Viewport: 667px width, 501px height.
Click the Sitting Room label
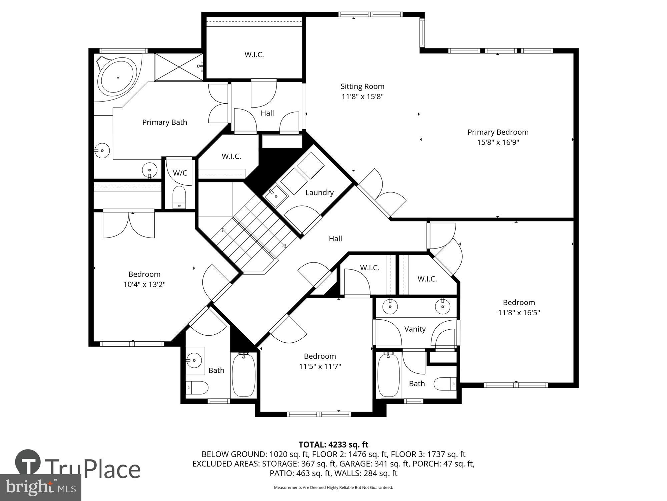tap(362, 87)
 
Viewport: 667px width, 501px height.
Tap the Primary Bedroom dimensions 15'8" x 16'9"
tap(498, 143)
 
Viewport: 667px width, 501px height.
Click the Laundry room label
tap(319, 192)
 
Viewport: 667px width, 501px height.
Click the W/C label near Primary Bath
tap(180, 173)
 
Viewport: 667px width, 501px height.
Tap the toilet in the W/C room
tap(179, 198)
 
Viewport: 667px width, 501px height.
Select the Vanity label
tap(415, 329)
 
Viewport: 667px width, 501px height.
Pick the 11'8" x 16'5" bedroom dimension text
tap(519, 313)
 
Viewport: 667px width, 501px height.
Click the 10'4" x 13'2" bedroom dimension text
tap(144, 285)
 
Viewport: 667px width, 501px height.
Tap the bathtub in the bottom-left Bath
tap(243, 375)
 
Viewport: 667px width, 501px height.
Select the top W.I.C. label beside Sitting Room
tap(254, 55)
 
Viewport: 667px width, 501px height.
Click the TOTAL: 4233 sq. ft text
tap(333, 445)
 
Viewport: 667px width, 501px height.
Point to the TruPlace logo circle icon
tap(28, 463)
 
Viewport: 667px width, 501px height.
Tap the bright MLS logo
tap(41, 488)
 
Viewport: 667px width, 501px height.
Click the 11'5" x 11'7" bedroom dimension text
tap(320, 367)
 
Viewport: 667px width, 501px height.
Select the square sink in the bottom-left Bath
tap(195, 361)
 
